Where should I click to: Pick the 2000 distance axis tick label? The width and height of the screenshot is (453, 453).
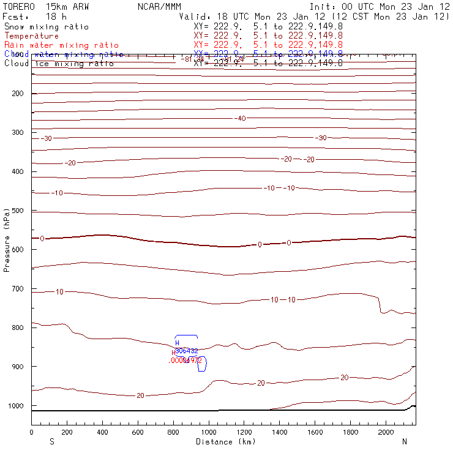coord(386,432)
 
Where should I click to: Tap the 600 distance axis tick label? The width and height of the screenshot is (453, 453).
coord(138,432)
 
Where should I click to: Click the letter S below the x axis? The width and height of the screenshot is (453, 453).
coord(51,441)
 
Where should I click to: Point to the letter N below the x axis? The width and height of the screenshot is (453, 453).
coord(404,441)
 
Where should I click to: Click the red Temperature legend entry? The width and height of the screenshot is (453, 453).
coord(31,36)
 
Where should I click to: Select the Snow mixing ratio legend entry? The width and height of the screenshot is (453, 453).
coord(46,27)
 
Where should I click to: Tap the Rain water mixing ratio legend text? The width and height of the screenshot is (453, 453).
coord(61,45)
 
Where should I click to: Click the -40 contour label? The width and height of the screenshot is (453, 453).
coord(241,118)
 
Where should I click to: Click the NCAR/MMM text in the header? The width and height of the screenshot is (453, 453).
coord(160,6)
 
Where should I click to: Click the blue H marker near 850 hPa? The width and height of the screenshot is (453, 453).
coord(177,343)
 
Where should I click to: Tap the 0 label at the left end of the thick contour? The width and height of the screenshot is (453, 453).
coord(42,238)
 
